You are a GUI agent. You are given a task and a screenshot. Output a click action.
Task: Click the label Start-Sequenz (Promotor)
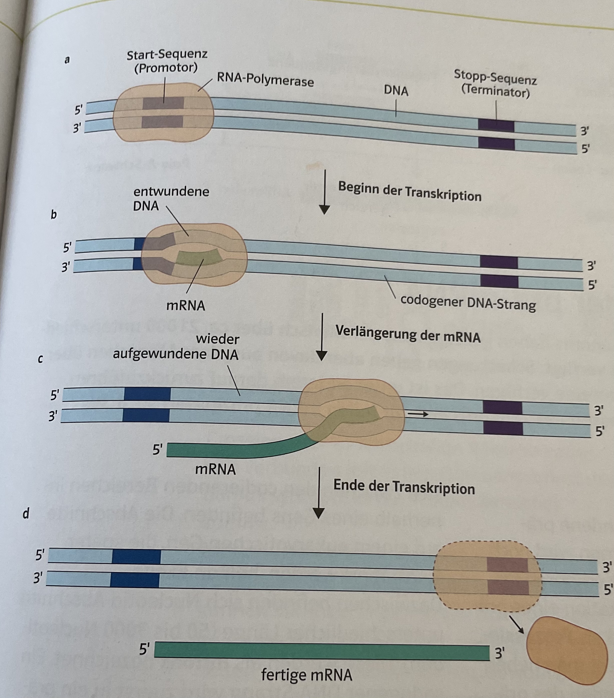coord(167,62)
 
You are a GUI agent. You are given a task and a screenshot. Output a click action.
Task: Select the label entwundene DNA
coord(171,198)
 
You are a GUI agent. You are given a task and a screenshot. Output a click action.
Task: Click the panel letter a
coord(67,60)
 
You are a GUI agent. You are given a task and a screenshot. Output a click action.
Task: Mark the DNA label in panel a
coord(396,91)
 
